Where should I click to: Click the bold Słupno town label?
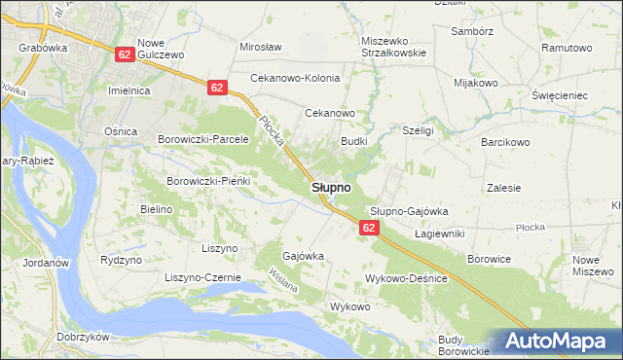pos(332,187)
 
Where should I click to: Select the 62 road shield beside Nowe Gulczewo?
pos(124,54)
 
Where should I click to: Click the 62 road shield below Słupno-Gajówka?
pos(368,227)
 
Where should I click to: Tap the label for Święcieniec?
pos(560,96)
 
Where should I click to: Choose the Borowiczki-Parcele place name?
pos(204,139)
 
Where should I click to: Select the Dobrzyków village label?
pos(41,337)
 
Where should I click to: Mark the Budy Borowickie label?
pos(461,344)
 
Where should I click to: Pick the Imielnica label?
pos(127,90)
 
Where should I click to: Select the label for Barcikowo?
pos(504,142)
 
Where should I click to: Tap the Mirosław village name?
pos(260,47)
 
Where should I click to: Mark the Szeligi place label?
pos(418,129)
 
